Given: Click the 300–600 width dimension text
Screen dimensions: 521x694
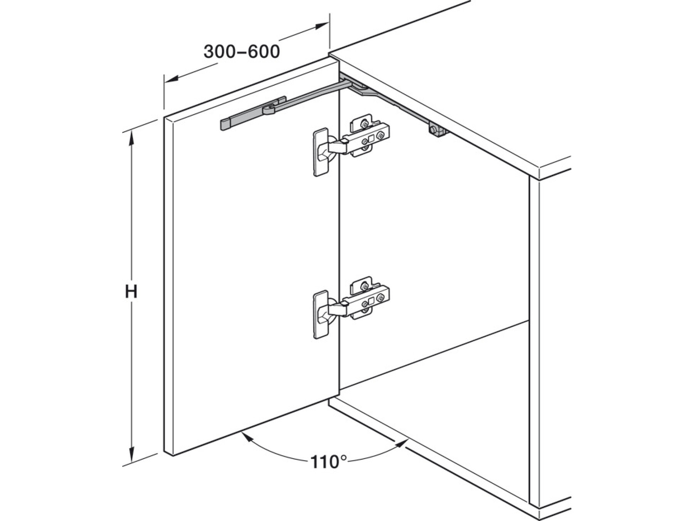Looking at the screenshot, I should tap(242, 52).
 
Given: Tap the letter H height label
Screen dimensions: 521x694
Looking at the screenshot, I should tap(131, 292).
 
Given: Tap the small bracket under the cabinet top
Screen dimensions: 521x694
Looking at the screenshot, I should tap(437, 130).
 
